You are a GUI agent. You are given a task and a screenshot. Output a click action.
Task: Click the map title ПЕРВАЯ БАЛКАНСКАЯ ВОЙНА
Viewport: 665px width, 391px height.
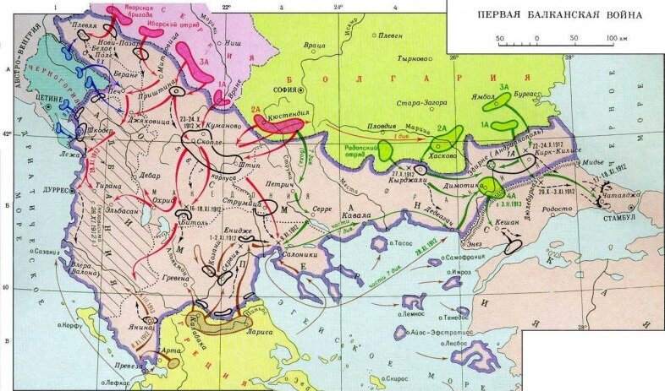[558, 15]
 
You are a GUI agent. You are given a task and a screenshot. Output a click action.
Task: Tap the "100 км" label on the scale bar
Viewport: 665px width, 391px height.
[617, 39]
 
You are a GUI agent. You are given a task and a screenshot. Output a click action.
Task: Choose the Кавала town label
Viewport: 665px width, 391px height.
[356, 216]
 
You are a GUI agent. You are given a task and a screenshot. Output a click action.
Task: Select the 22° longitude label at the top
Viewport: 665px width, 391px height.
[227, 7]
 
